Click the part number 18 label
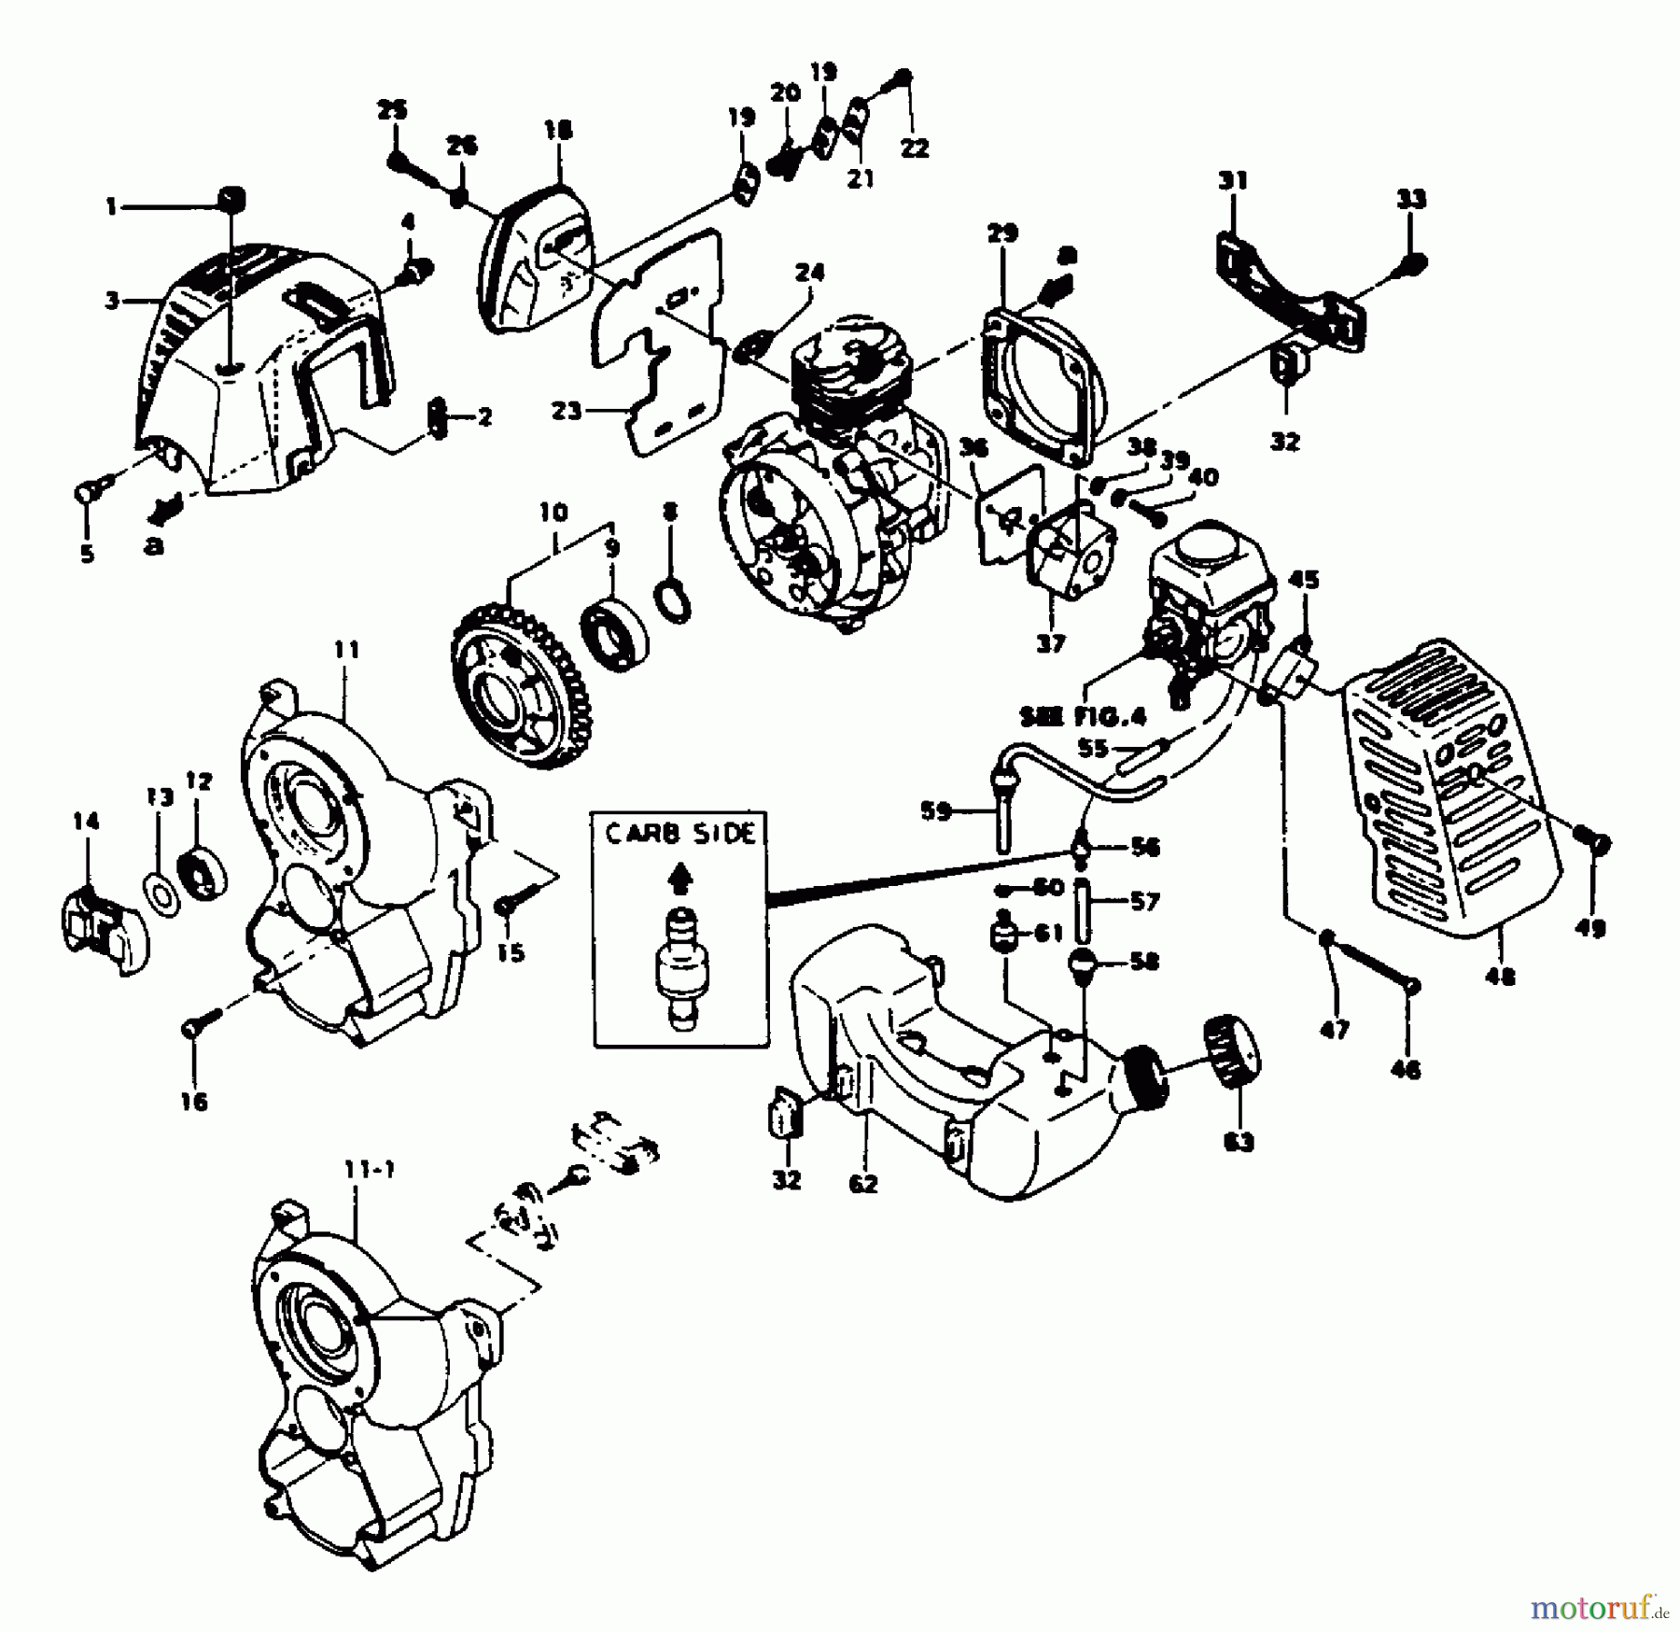tap(558, 130)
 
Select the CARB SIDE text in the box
tap(679, 834)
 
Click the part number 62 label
tap(863, 1184)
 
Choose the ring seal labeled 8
tap(675, 600)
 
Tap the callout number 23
tap(566, 411)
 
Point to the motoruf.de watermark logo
tap(1598, 1606)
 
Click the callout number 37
tap(1050, 643)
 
